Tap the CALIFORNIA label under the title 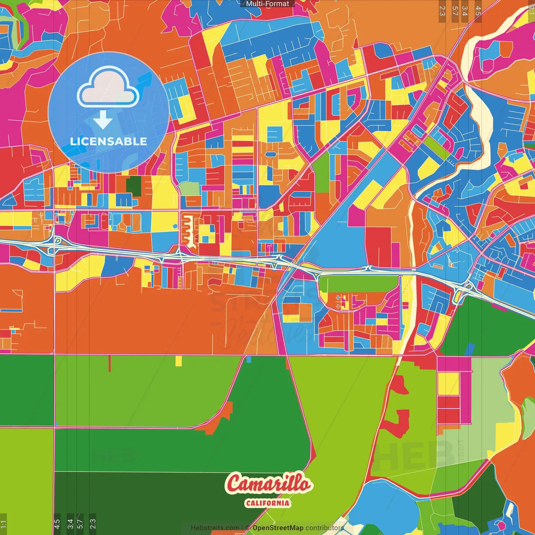pos(267,503)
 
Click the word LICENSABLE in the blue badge pos(108,141)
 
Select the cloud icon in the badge pos(108,88)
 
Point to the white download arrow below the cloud pos(102,120)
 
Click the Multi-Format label pos(267,4)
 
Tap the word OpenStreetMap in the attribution pos(278,528)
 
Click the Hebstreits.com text pos(215,528)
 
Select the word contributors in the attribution pos(324,528)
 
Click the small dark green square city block pos(134,186)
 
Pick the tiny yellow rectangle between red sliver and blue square pos(179,361)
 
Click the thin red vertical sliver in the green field pos(110,363)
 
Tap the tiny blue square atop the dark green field pos(249,359)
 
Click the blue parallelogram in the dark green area pos(471,349)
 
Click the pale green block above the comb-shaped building pos(189,189)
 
